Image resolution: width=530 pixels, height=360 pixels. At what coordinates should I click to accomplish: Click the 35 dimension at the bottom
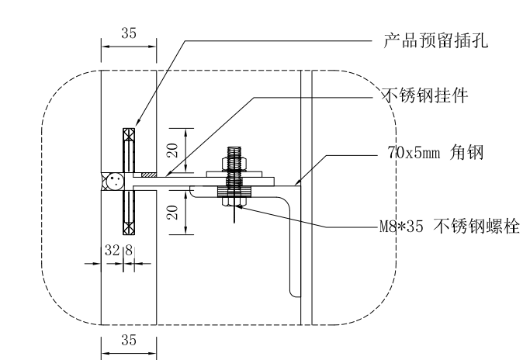pos(129,339)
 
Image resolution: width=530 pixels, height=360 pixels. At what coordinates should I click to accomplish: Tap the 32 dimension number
pos(112,251)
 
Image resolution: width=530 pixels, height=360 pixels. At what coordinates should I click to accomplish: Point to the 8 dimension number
pos(129,251)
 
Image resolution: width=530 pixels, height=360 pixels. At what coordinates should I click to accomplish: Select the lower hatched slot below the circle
pos(129,213)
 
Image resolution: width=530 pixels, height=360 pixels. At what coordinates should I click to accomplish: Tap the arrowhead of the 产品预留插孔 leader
pos(137,124)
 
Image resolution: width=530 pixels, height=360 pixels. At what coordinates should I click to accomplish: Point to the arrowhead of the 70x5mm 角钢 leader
pos(298,184)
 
